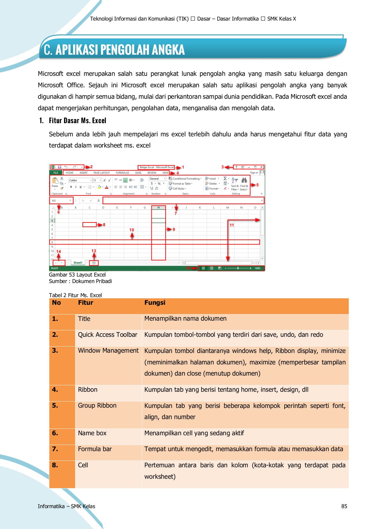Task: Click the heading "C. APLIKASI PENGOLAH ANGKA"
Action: pyautogui.click(x=114, y=50)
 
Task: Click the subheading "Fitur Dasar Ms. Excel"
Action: pyautogui.click(x=77, y=120)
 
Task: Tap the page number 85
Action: pyautogui.click(x=344, y=506)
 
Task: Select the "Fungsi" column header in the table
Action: pyautogui.click(x=155, y=303)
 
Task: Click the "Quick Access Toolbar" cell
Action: pyautogui.click(x=107, y=335)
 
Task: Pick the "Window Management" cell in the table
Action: pyautogui.click(x=108, y=351)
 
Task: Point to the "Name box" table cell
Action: pyautogui.click(x=92, y=433)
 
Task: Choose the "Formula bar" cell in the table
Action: pyautogui.click(x=95, y=449)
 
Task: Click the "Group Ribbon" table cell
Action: pyautogui.click(x=97, y=406)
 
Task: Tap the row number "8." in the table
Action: pyautogui.click(x=55, y=465)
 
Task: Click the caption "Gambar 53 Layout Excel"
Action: pyautogui.click(x=77, y=275)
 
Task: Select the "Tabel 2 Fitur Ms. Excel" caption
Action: pyautogui.click(x=75, y=295)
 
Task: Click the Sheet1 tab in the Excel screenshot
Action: pyautogui.click(x=78, y=263)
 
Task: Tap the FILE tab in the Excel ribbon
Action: pyautogui.click(x=56, y=173)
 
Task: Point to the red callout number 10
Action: pyautogui.click(x=132, y=230)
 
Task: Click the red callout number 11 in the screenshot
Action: pyautogui.click(x=232, y=225)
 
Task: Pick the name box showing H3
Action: pyautogui.click(x=61, y=200)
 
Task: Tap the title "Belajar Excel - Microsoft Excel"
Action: pyautogui.click(x=156, y=167)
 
